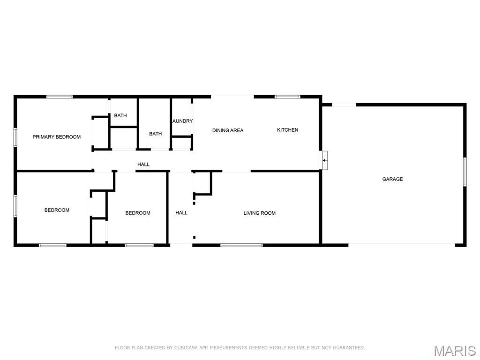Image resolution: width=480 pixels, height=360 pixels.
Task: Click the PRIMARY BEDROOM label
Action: pos(57,137)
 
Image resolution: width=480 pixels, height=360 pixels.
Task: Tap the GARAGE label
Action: pos(392,179)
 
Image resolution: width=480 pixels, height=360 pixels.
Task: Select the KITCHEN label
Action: pos(287,130)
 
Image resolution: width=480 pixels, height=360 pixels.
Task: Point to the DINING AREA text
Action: pos(228,130)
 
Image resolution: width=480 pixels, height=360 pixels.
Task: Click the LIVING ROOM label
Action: pos(260,213)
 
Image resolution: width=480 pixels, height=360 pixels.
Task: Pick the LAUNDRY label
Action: pos(183,121)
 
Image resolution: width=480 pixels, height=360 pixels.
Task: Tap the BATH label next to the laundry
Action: pos(156,134)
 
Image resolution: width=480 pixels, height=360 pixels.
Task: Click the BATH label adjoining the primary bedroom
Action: pos(120,115)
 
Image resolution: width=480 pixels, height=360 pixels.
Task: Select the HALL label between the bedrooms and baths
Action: pos(143,165)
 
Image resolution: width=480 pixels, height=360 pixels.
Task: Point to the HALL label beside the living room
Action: pos(181,213)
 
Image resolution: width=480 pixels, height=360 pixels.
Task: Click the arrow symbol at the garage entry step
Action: pos(324,160)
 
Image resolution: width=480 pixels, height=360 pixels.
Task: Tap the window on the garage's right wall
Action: pos(465,172)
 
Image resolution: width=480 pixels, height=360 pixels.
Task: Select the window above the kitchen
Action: pos(287,97)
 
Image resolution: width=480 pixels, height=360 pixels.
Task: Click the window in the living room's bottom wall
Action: pos(241,245)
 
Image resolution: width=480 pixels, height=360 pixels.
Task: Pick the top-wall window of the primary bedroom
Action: pos(60,97)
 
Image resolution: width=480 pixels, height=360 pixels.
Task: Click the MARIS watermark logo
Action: pos(455,351)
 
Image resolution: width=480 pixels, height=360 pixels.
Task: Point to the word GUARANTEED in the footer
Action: pos(349,348)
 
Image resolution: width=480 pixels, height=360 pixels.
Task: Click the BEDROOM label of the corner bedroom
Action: pos(57,210)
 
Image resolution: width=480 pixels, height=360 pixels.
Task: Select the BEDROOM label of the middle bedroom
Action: pos(138,213)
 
